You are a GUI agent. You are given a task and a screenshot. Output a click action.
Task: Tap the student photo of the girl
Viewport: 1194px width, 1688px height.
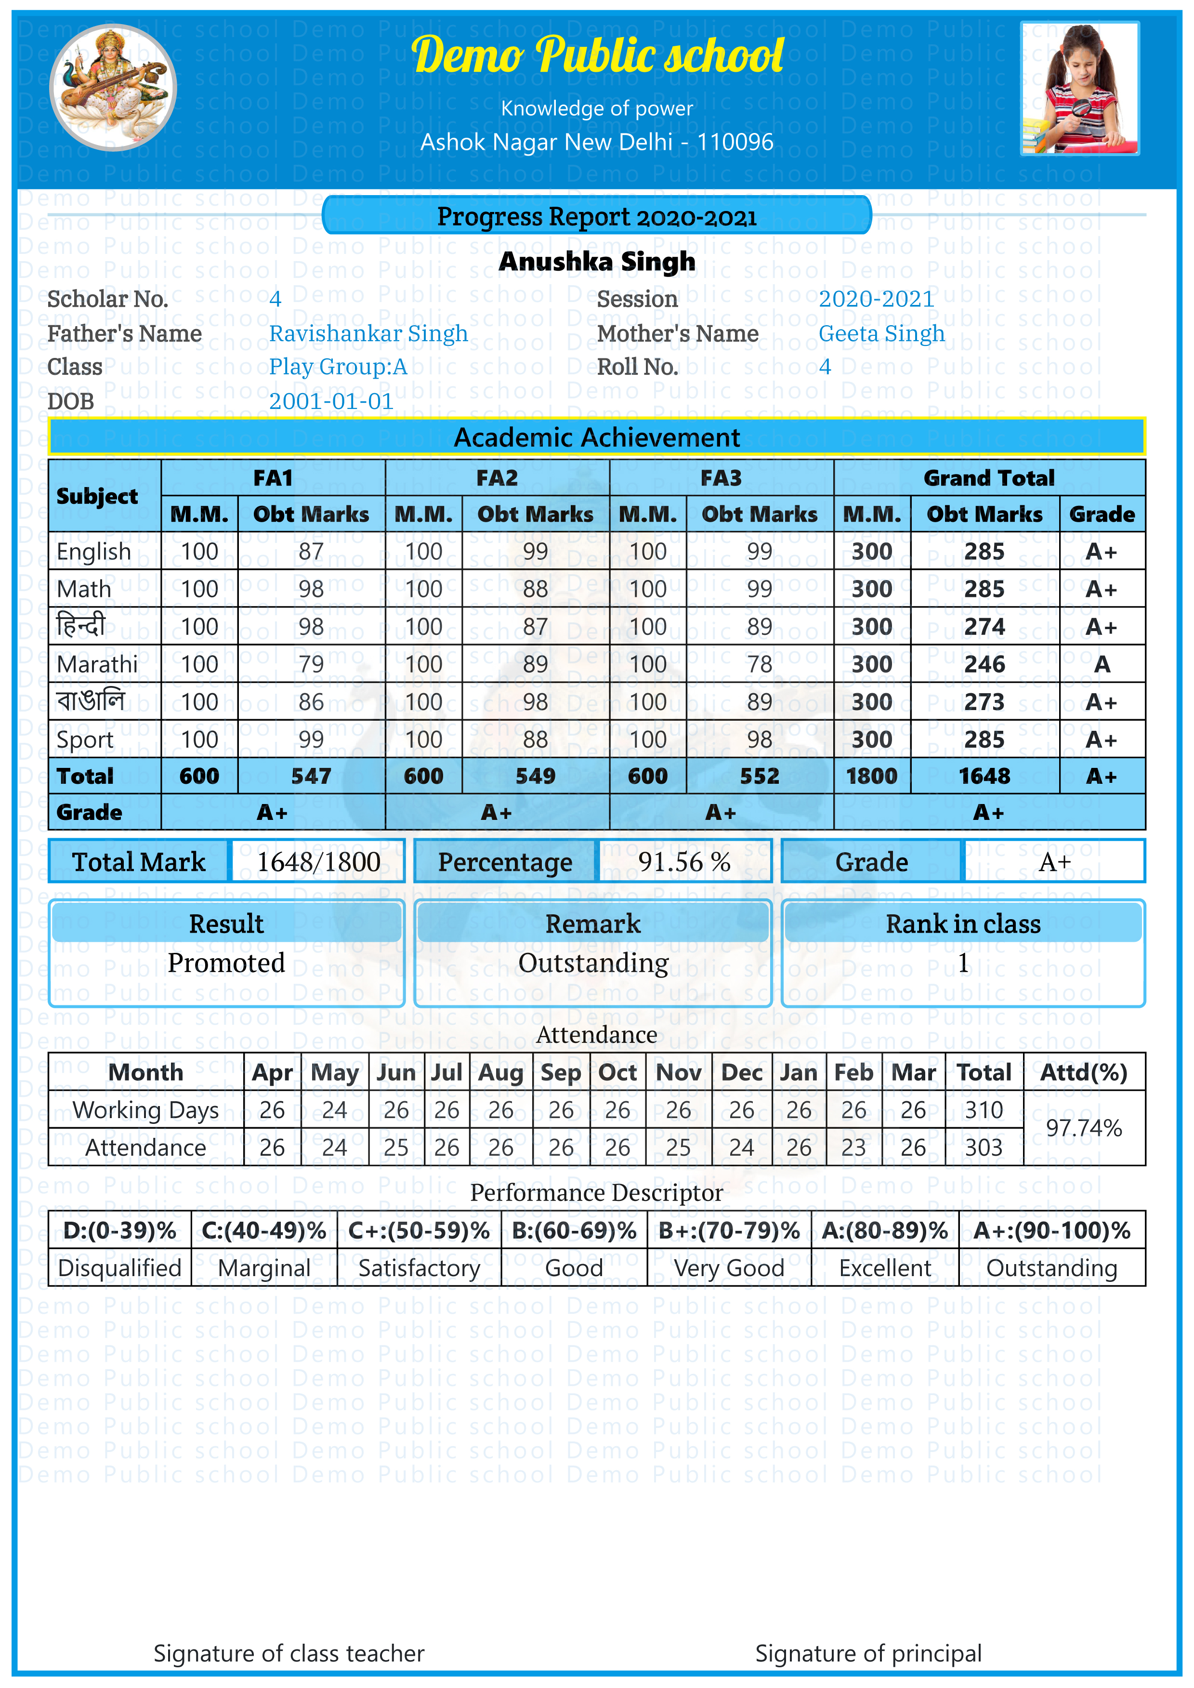point(1079,88)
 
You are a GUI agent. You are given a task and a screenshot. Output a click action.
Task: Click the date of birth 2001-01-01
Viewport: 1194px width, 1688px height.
point(331,401)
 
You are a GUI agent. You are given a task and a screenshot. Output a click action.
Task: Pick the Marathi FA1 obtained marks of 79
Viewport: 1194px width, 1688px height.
point(311,664)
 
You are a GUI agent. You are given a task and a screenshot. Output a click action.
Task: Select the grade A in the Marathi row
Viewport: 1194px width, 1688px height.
point(1102,664)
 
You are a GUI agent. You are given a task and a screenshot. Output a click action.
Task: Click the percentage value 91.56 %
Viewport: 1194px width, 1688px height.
point(684,862)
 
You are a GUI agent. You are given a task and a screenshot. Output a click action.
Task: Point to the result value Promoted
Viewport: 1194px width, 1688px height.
point(226,963)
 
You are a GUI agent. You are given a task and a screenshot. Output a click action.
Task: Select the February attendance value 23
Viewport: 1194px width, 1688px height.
point(853,1147)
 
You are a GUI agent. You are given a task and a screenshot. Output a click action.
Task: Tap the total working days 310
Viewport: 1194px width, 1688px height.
point(984,1110)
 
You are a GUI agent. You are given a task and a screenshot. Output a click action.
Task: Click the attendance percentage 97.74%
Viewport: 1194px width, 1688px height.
point(1084,1129)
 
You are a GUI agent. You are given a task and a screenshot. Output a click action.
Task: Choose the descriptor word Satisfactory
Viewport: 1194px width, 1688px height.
point(419,1268)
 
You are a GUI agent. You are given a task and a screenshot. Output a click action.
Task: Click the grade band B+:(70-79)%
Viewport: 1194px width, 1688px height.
point(729,1231)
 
